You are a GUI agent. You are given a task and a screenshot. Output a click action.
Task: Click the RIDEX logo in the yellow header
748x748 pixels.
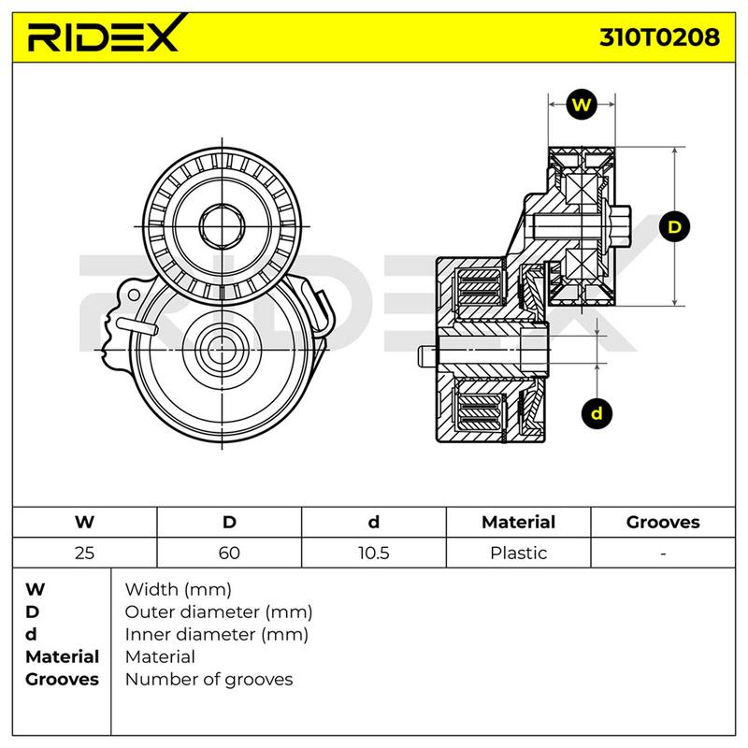click(106, 34)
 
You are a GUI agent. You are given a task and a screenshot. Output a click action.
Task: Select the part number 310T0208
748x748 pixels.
click(659, 36)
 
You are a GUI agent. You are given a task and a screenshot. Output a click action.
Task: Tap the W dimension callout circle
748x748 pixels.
click(582, 105)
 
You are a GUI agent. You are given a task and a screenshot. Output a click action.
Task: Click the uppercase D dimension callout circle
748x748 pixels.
click(674, 226)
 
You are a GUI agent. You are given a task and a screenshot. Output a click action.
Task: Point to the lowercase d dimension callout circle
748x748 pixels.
click(597, 413)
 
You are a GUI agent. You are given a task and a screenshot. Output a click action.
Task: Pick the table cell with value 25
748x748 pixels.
click(84, 553)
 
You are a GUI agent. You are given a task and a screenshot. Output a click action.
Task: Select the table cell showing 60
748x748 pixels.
click(229, 553)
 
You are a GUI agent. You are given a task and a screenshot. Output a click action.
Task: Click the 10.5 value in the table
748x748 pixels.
click(373, 553)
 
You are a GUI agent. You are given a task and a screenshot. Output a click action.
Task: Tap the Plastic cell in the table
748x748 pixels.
click(519, 553)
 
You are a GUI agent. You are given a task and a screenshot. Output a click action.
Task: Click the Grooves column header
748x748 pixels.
click(663, 522)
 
